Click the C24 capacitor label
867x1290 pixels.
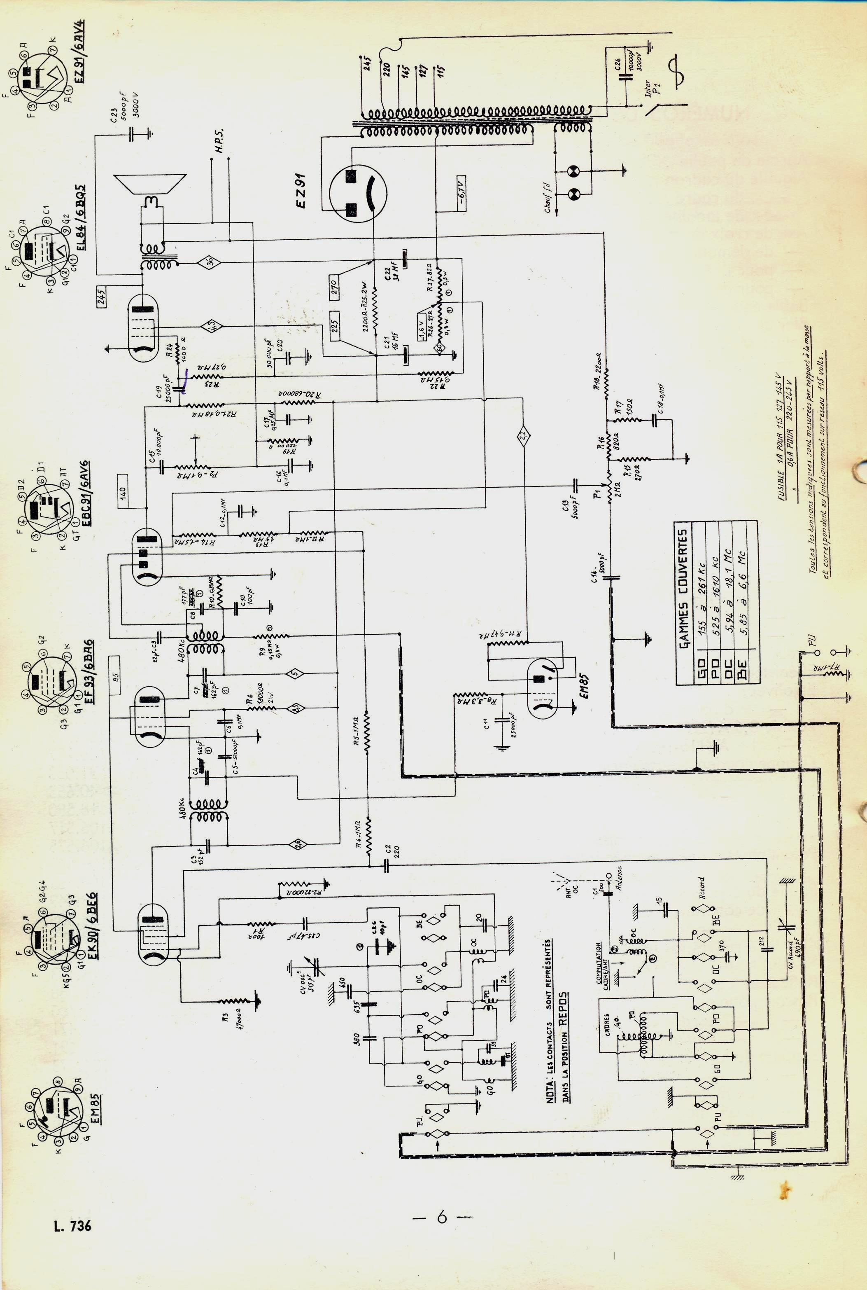click(617, 64)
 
